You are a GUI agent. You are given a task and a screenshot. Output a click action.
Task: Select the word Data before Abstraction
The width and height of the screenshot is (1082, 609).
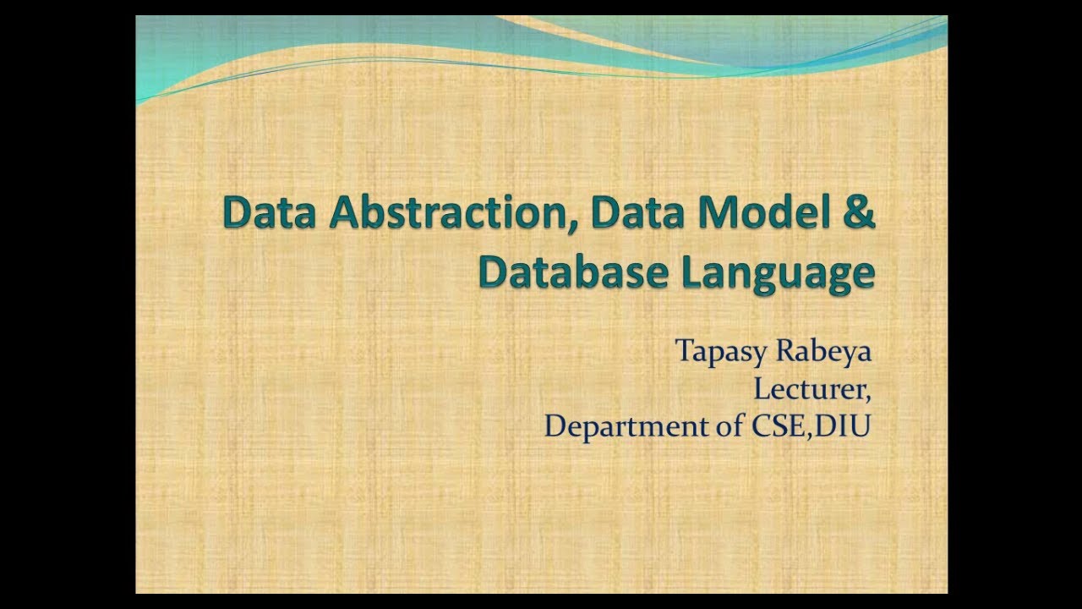pyautogui.click(x=272, y=213)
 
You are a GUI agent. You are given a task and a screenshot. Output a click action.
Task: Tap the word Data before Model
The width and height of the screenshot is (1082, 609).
pyautogui.click(x=640, y=213)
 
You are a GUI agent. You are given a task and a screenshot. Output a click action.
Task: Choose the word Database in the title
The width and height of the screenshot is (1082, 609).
pyautogui.click(x=574, y=272)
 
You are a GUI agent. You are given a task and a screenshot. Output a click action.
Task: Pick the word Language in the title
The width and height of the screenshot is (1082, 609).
pyautogui.click(x=778, y=274)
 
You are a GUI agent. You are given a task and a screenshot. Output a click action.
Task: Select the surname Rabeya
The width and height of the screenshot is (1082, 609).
pyautogui.click(x=823, y=352)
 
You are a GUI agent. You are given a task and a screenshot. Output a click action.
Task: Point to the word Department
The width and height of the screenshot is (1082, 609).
pyautogui.click(x=620, y=426)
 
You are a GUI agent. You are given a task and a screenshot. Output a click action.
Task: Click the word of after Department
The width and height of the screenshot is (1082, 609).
pyautogui.click(x=727, y=425)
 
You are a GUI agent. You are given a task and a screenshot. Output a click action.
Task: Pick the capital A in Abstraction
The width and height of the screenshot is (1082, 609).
pyautogui.click(x=344, y=213)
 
